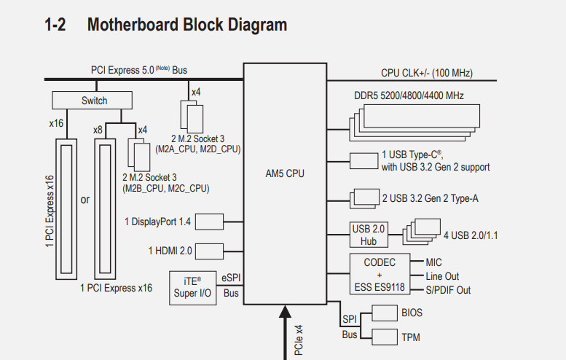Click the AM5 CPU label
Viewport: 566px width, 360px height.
[x=285, y=174]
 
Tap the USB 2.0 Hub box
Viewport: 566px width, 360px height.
[x=369, y=235]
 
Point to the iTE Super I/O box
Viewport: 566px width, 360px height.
[x=192, y=287]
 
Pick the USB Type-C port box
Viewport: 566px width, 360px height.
[x=363, y=161]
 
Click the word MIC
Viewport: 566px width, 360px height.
[x=433, y=262]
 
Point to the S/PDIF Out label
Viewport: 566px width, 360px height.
[x=448, y=290]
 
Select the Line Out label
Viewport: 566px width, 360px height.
[x=442, y=276]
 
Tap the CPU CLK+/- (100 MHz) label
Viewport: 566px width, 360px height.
[x=426, y=73]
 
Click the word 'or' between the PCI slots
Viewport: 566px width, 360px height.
[x=84, y=199]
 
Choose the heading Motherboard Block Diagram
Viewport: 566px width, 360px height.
[x=186, y=25]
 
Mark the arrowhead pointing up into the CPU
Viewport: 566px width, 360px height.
[x=285, y=313]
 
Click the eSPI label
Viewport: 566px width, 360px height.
[x=231, y=278]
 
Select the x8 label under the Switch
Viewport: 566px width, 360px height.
[x=97, y=129]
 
